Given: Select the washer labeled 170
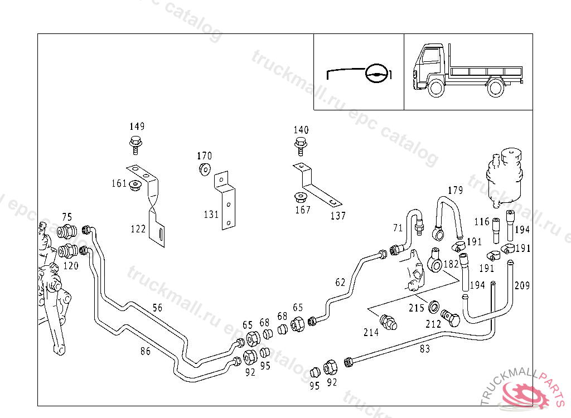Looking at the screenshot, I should [205, 169].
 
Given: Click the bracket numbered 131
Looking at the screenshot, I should [226, 201].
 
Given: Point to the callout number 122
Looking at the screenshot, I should [138, 229].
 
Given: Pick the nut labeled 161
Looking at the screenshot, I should [134, 185].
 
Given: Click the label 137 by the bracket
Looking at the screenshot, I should [338, 216].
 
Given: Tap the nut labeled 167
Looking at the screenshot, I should [301, 198].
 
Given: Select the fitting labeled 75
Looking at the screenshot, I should [67, 230].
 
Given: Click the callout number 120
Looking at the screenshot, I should [71, 266].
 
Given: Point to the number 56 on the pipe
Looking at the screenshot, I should [158, 308].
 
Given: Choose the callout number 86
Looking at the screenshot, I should [145, 351].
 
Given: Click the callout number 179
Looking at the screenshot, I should [456, 191].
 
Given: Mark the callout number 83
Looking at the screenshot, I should [425, 349].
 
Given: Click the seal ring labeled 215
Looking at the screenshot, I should [432, 307].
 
